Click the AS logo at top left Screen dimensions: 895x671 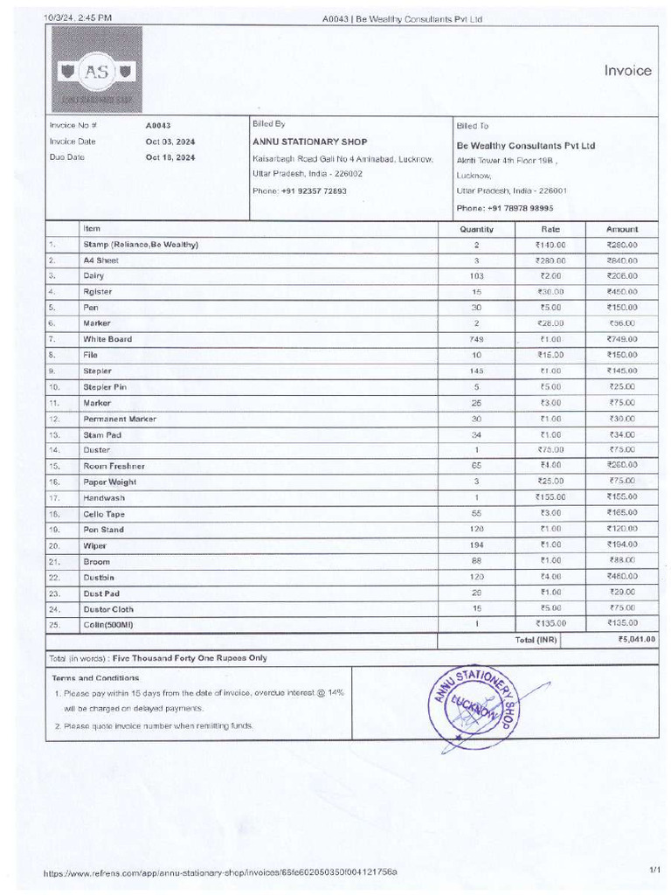tap(96, 71)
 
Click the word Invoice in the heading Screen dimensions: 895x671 tap(627, 71)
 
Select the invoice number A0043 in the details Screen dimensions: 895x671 tap(158, 126)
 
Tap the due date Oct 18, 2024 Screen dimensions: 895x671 tap(170, 157)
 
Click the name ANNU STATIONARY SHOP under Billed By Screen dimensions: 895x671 tap(309, 142)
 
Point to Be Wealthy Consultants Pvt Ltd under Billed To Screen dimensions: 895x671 tap(525, 145)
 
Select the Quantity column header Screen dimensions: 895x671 tap(476, 229)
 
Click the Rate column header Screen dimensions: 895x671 tap(550, 229)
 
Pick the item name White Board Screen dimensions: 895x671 tap(107, 339)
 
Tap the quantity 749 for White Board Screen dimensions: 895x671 tap(476, 339)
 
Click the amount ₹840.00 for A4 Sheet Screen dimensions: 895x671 tap(622, 260)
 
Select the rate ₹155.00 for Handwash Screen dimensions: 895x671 tap(550, 497)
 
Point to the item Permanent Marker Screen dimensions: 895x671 tap(120, 419)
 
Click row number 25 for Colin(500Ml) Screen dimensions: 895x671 tap(54, 624)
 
